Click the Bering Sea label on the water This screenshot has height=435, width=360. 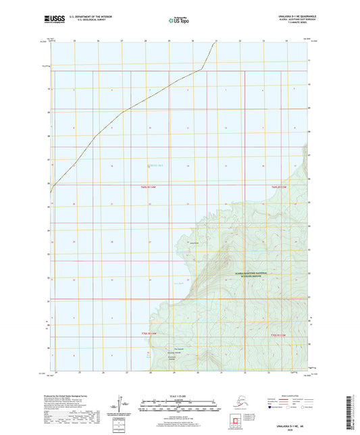[x=156, y=166]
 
